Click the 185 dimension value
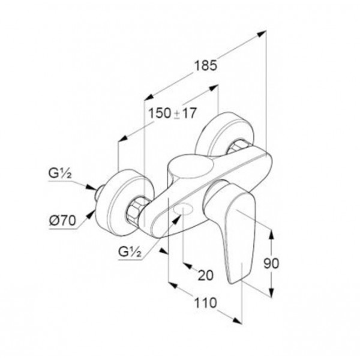tap(205, 65)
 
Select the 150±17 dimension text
tap(172, 113)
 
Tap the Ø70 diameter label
tap(62, 221)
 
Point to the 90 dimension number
tap(271, 263)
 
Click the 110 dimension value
tap(205, 302)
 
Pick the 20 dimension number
tap(205, 275)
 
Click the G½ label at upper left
tap(60, 173)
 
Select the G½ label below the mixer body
tap(130, 252)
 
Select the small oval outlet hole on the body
tap(184, 209)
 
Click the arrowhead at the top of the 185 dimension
tap(261, 34)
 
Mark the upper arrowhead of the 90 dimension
tap(271, 234)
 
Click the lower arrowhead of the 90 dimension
tap(271, 292)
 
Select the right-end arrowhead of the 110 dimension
tap(237, 320)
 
